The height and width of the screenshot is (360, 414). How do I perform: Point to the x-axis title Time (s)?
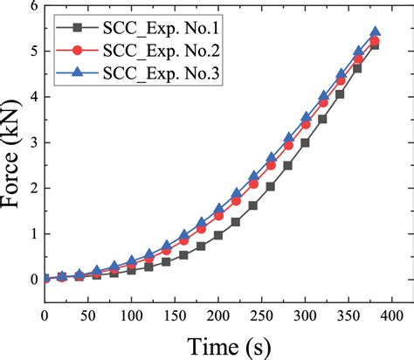(x=217, y=343)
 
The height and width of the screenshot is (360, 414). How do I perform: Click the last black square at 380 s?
(x=375, y=45)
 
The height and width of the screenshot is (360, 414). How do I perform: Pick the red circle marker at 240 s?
(x=253, y=184)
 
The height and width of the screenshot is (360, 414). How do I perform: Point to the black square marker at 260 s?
(x=270, y=186)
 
